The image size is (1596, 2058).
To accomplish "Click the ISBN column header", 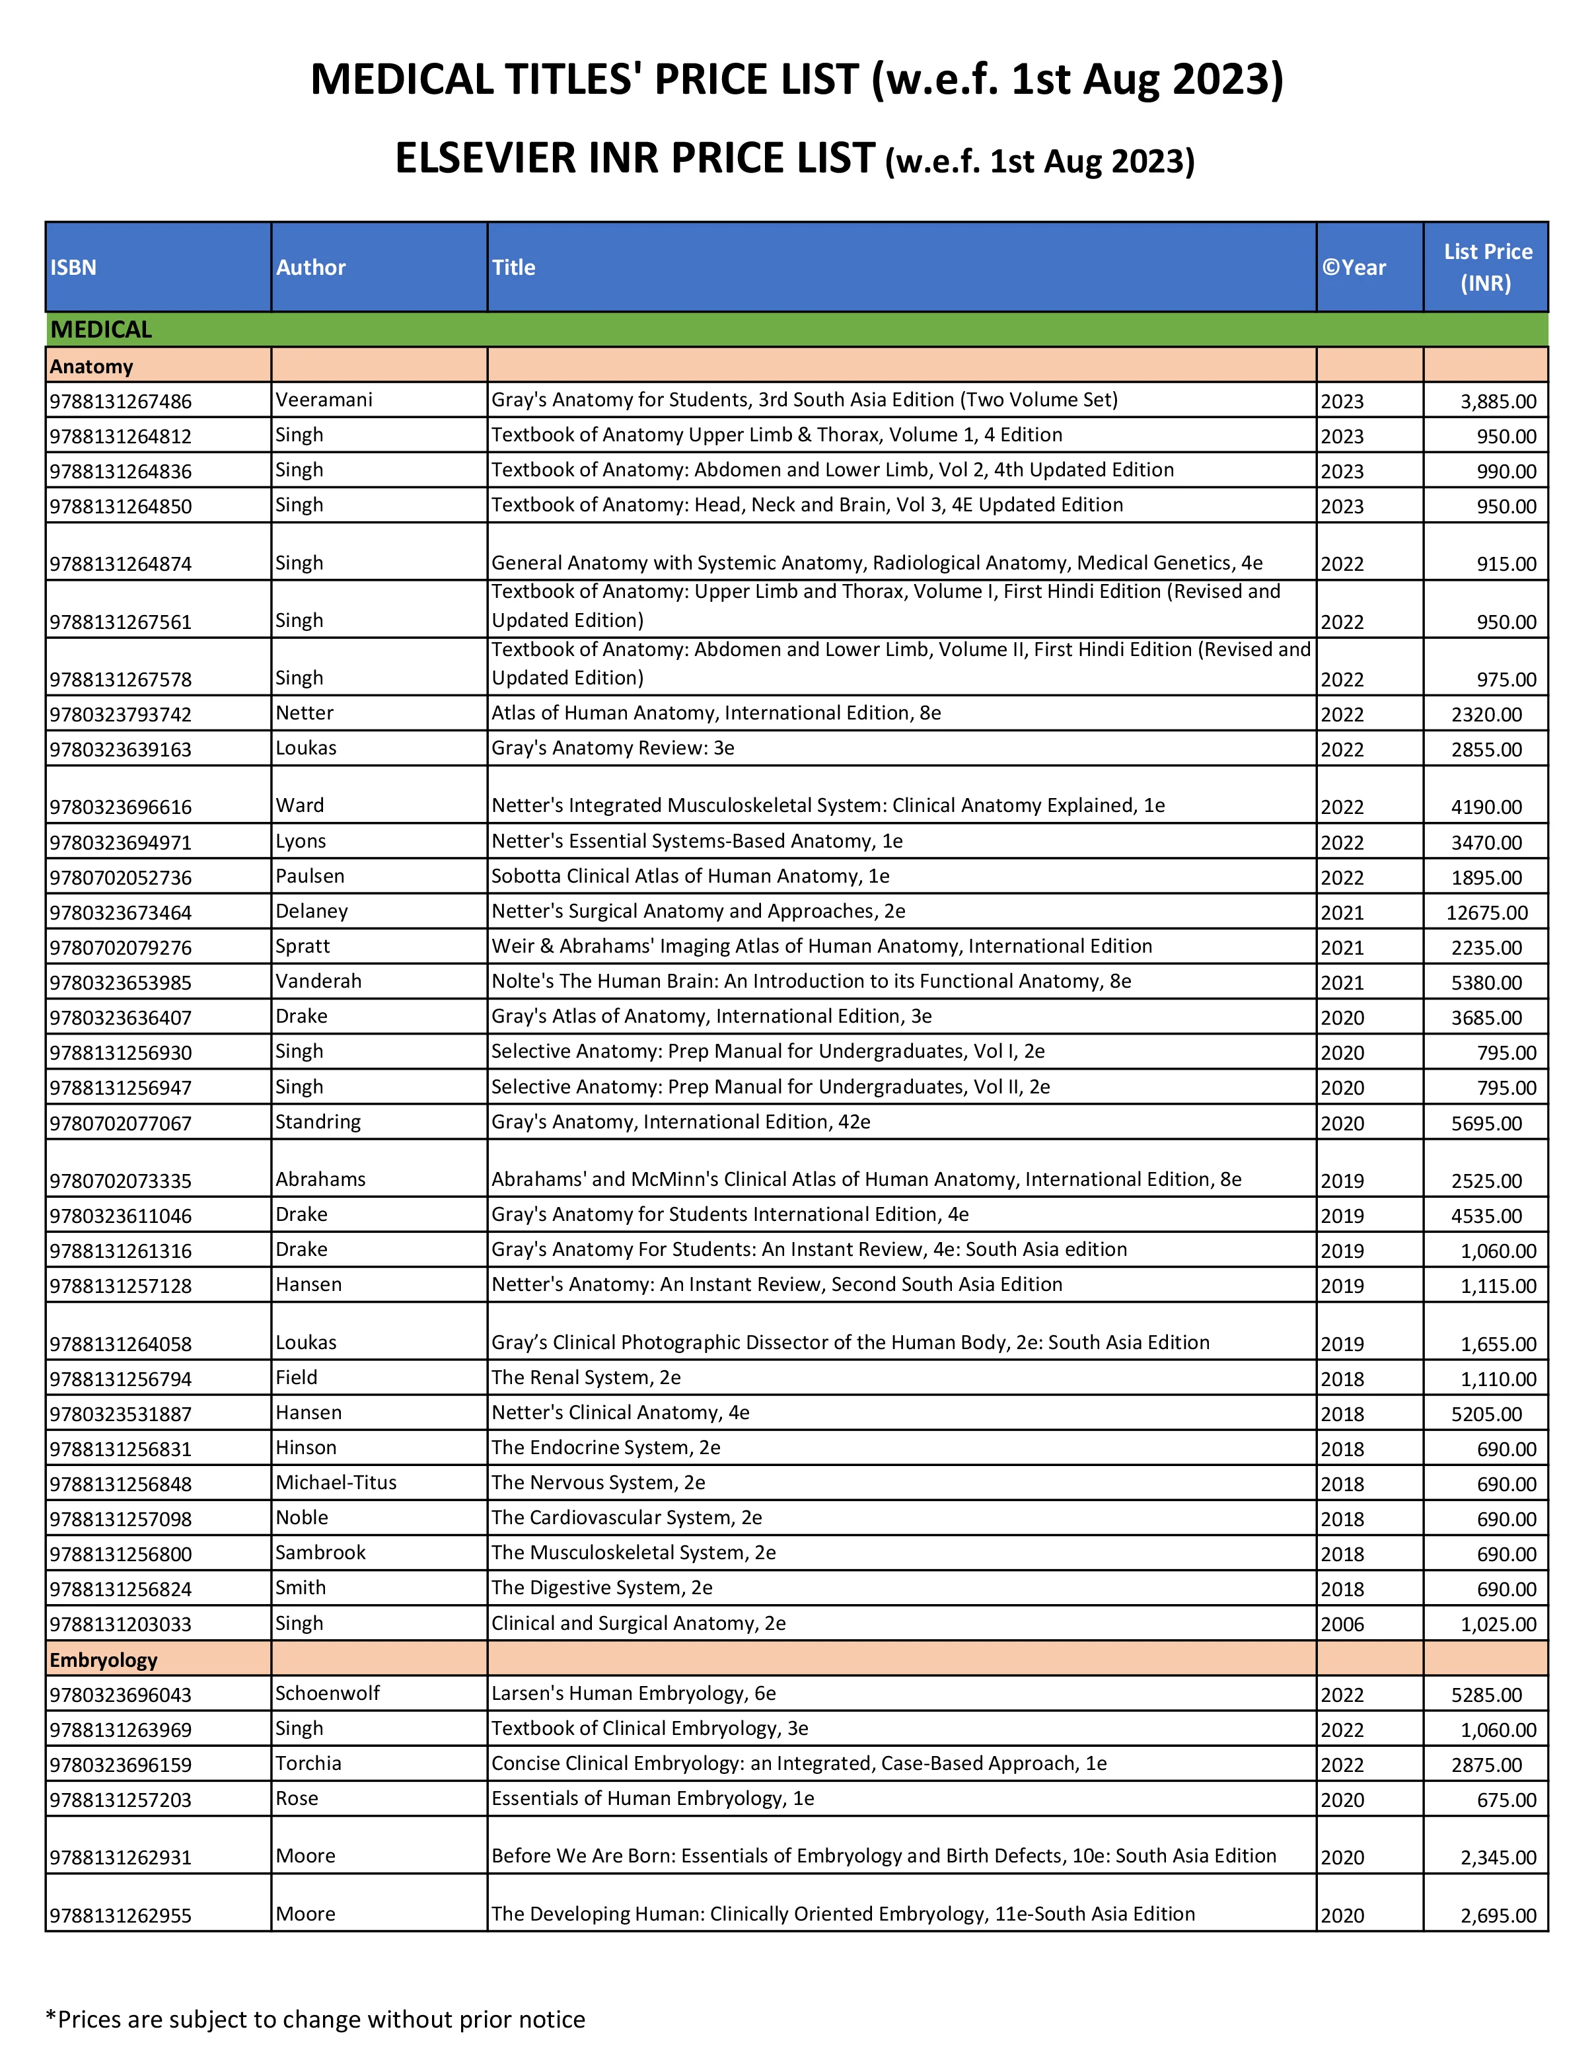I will (x=73, y=268).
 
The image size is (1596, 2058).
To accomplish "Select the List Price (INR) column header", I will (x=1487, y=268).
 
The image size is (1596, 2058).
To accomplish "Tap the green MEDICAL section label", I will (x=101, y=330).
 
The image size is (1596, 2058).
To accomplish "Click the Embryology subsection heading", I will (x=104, y=1660).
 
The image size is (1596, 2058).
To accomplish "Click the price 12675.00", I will (x=1487, y=912).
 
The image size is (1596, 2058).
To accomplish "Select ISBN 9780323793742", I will (x=121, y=714).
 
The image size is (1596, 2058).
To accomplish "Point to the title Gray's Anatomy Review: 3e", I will (x=612, y=748).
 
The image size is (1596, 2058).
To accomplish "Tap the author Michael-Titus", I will (x=336, y=1483).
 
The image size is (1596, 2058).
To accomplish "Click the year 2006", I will (x=1342, y=1623).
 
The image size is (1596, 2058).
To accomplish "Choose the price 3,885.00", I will (x=1498, y=402).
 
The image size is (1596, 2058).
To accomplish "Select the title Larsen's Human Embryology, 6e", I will (x=633, y=1693).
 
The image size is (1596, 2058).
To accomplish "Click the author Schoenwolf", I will (x=327, y=1693).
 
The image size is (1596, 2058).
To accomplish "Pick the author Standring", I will (x=318, y=1121).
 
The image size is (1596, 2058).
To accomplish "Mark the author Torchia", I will (x=308, y=1763).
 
